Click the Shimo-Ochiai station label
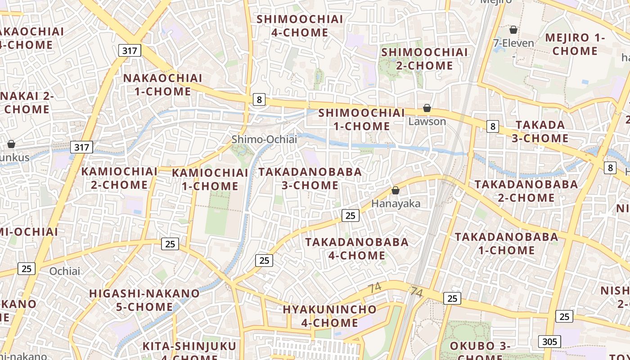tap(264, 139)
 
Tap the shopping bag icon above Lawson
tap(427, 108)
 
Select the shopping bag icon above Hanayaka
tap(396, 191)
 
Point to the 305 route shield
tap(549, 342)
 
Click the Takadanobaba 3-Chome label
tap(310, 179)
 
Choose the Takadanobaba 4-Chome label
tap(357, 249)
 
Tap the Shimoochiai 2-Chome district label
tap(424, 59)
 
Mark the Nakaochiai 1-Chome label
tap(162, 85)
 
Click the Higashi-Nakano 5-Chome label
tap(144, 300)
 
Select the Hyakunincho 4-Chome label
tap(329, 316)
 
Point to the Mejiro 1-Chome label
tap(575, 44)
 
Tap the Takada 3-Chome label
tap(540, 131)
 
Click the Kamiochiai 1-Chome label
tap(210, 179)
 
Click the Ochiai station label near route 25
tap(65, 271)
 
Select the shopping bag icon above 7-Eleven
tap(513, 30)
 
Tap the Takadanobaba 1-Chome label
tap(506, 243)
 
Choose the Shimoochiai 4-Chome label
tap(300, 26)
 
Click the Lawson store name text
tap(427, 121)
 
